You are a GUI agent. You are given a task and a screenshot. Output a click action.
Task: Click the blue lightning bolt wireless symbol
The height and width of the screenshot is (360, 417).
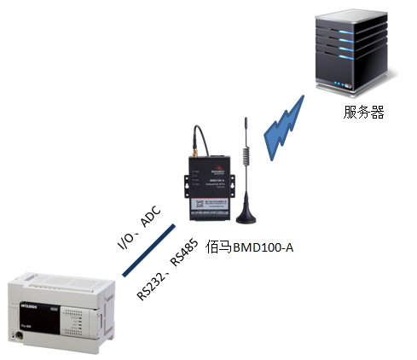282,127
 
